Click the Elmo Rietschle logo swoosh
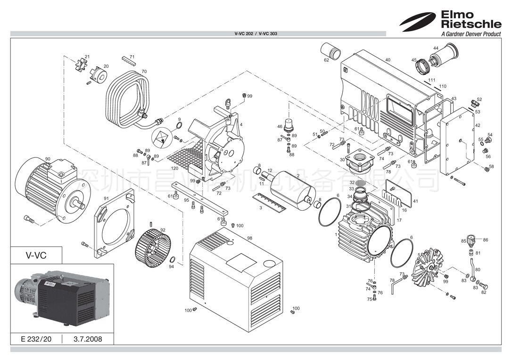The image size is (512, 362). tap(419, 21)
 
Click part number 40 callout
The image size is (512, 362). tap(388, 60)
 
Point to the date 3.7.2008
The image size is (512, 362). tap(88, 339)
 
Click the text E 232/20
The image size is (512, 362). tap(37, 339)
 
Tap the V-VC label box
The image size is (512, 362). tap(36, 255)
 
